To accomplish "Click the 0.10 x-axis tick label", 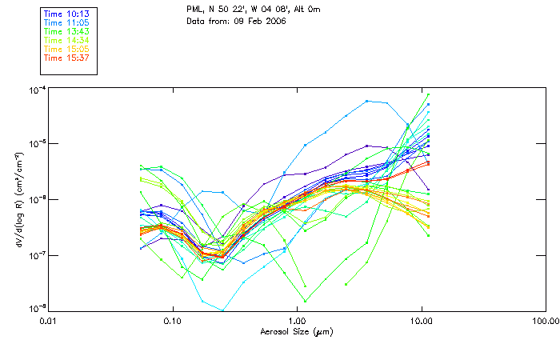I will pyautogui.click(x=173, y=322).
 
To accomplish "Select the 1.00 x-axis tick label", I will pyautogui.click(x=297, y=322).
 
